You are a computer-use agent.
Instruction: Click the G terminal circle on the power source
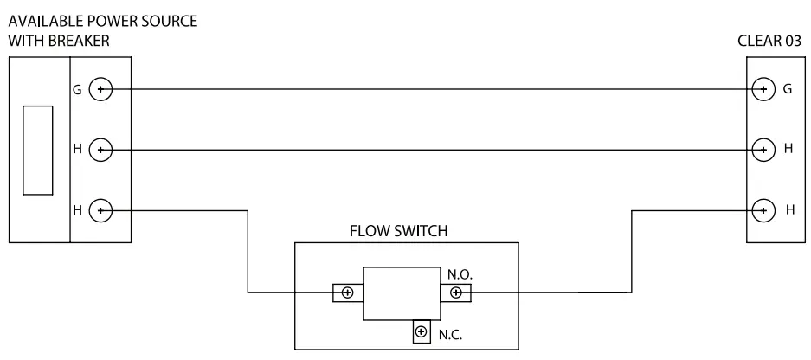pyautogui.click(x=101, y=88)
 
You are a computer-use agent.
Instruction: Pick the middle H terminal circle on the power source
pyautogui.click(x=101, y=150)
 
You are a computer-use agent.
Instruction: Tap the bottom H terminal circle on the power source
pyautogui.click(x=101, y=210)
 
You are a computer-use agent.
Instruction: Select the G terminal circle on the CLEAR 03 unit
pyautogui.click(x=763, y=88)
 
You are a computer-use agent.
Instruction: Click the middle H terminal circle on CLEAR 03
pyautogui.click(x=763, y=149)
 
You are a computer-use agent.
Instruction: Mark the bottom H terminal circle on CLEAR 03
pyautogui.click(x=763, y=209)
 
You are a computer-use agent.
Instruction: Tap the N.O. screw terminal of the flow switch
pyautogui.click(x=455, y=292)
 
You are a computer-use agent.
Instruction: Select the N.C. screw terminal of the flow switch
pyautogui.click(x=422, y=331)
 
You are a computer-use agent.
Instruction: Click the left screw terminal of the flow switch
pyautogui.click(x=347, y=292)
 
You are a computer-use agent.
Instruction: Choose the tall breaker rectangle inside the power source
pyautogui.click(x=38, y=149)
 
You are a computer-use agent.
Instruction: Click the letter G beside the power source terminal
pyautogui.click(x=79, y=88)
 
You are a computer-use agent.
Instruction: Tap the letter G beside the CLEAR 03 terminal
pyautogui.click(x=788, y=88)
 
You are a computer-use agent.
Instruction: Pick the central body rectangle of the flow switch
pyautogui.click(x=402, y=292)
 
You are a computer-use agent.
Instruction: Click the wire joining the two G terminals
pyautogui.click(x=433, y=88)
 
